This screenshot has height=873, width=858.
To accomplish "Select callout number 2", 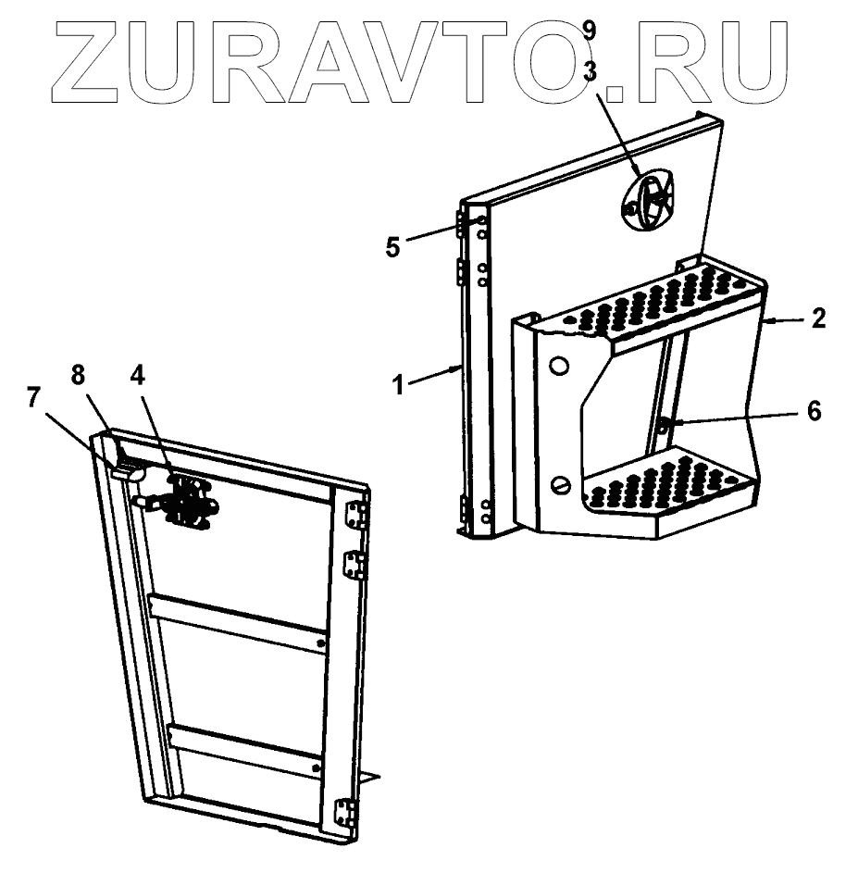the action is [x=816, y=320].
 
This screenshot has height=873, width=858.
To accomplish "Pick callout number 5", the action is [x=393, y=247].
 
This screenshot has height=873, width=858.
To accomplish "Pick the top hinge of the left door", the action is [x=354, y=516].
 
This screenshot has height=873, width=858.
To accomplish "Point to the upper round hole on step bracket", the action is [x=557, y=366].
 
